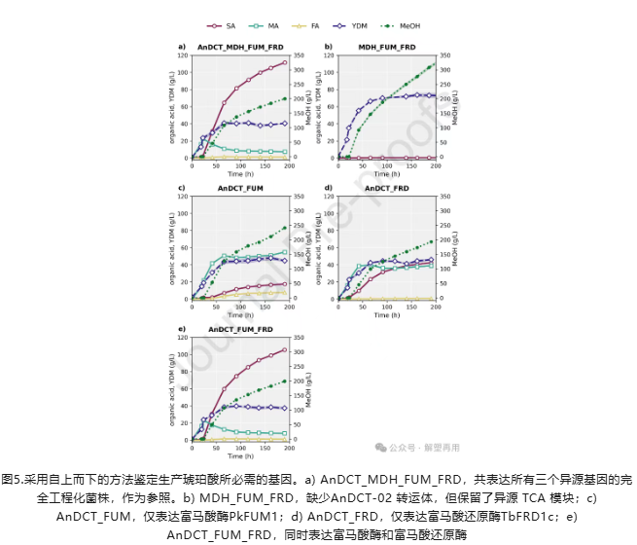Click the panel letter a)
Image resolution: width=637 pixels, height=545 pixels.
click(182, 47)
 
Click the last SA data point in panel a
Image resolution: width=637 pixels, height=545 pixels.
click(285, 63)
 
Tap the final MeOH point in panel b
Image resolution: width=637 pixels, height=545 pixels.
click(432, 65)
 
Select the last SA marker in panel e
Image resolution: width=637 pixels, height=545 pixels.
click(285, 350)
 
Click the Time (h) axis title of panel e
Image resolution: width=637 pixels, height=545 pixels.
click(240, 455)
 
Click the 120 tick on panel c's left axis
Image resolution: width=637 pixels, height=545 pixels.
click(184, 198)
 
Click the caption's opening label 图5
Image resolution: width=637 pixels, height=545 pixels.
click(15, 480)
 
